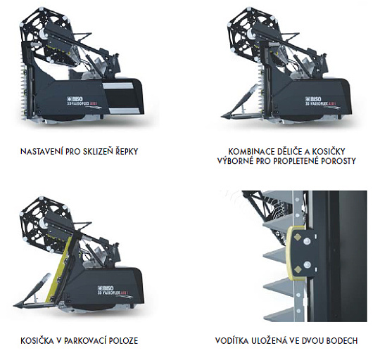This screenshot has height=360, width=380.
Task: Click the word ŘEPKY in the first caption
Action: (x=127, y=152)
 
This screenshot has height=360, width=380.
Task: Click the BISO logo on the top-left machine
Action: (x=75, y=98)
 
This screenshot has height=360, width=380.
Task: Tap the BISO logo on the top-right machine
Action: (x=313, y=98)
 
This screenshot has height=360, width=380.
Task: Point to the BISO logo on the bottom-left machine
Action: (x=106, y=288)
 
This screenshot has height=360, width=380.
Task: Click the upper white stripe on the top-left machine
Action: (x=118, y=85)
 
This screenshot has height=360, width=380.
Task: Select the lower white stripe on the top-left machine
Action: (x=125, y=111)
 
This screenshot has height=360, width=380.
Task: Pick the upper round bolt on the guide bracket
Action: (x=307, y=241)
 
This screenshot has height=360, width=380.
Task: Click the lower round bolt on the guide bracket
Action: (x=307, y=264)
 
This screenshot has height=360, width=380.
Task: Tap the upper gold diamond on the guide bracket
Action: (x=298, y=238)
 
